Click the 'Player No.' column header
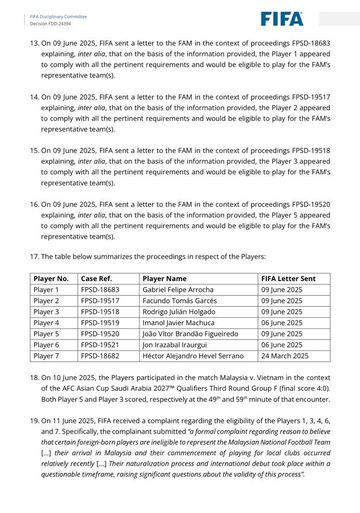(x=51, y=278)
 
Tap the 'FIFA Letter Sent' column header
(x=288, y=278)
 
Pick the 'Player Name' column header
(x=165, y=278)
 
